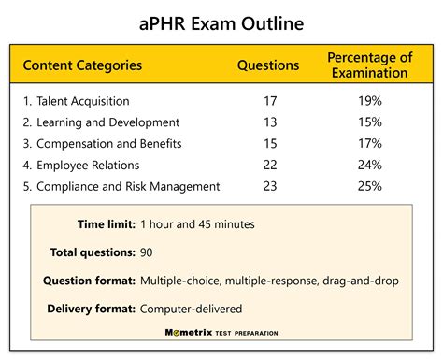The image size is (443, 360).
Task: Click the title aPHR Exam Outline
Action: (x=221, y=22)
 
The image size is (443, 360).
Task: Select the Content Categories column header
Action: (x=82, y=65)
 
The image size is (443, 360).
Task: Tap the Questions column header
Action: (x=268, y=65)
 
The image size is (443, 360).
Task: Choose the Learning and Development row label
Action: (x=100, y=122)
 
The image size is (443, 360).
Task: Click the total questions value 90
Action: (x=147, y=252)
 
